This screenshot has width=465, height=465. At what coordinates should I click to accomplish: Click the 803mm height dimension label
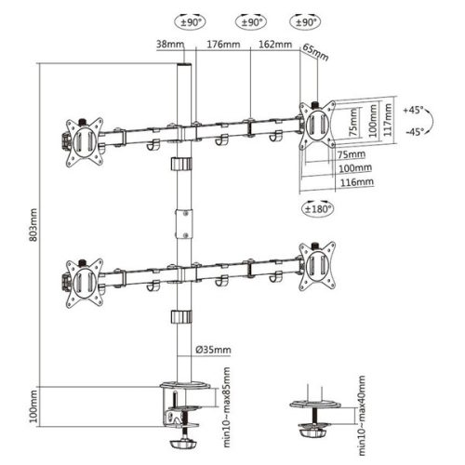33,224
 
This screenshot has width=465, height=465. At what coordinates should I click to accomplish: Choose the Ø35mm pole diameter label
215,350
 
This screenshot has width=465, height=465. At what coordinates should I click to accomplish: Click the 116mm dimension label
357,182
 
